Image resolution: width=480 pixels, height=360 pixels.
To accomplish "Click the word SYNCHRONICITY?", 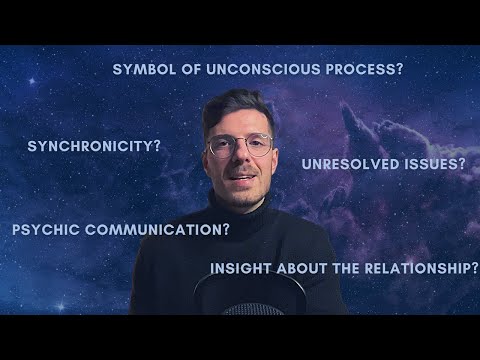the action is click(94, 146).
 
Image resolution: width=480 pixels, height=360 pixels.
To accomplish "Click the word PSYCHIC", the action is click(46, 230).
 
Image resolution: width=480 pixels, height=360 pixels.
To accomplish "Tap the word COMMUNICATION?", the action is click(157, 230).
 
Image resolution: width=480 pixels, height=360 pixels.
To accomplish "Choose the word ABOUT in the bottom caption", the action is click(302, 269).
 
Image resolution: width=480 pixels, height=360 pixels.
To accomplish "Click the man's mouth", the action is click(243, 177).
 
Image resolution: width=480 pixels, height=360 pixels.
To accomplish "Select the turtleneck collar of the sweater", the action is click(239, 213).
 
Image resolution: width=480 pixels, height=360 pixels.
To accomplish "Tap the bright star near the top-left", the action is click(32, 81).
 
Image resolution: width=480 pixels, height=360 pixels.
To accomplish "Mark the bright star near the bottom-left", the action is click(61, 306).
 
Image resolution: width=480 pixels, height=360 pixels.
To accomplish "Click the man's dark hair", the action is click(237, 108).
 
